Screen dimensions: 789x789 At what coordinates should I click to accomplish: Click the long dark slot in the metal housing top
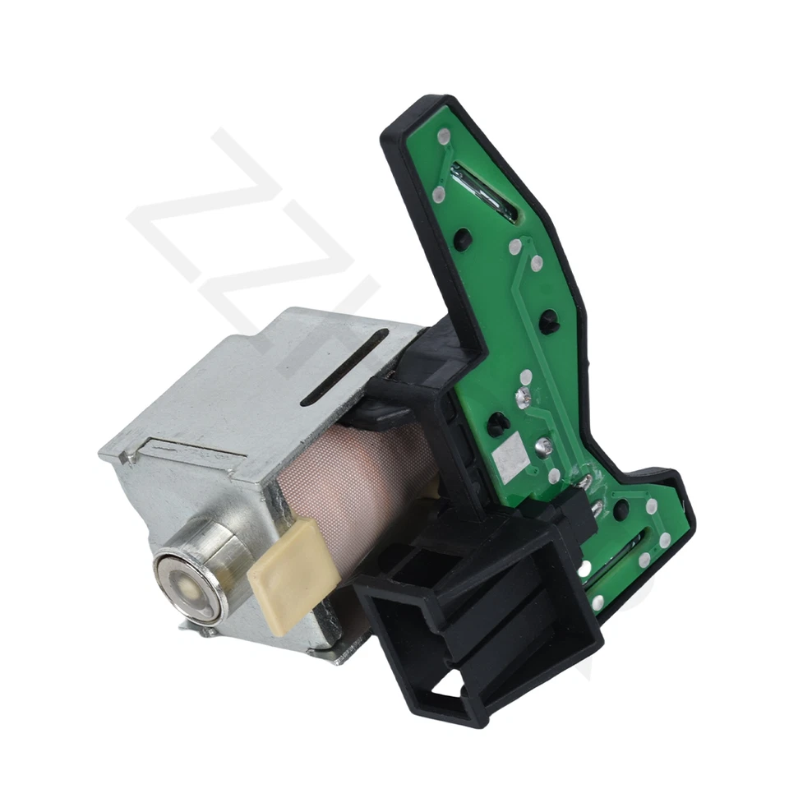(344, 367)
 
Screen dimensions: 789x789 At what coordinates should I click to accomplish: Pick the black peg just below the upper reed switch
(464, 238)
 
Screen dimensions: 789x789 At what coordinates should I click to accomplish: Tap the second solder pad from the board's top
(439, 195)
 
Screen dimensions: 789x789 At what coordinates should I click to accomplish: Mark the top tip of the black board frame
(419, 103)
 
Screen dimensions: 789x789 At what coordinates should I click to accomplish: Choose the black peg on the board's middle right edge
(549, 321)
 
